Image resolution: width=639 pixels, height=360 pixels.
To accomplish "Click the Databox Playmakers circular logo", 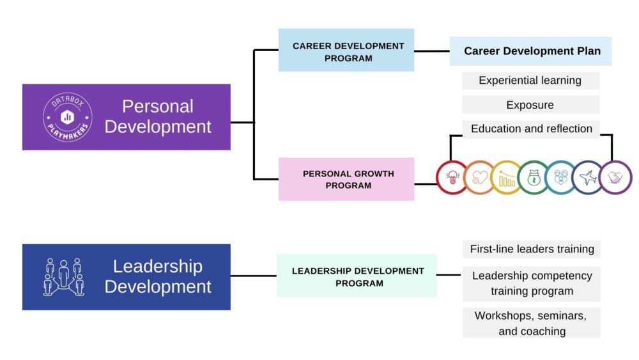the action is [x=68, y=118].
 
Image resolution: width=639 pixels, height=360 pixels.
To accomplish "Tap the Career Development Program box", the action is [x=346, y=50].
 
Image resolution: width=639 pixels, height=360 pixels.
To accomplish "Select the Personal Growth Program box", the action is [x=346, y=179].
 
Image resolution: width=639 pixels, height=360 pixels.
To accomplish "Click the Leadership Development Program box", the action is [x=357, y=276].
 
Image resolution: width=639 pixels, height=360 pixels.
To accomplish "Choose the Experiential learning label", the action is [x=530, y=81].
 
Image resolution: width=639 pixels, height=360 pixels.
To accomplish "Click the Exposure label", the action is [x=530, y=105].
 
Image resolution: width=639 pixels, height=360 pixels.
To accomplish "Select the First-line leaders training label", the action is [x=532, y=249].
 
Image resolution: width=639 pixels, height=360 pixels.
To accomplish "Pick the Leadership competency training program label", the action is [x=532, y=284].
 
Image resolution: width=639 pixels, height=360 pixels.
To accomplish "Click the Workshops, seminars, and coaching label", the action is [x=532, y=323].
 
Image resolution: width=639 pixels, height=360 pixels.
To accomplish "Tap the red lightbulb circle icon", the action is [x=452, y=177].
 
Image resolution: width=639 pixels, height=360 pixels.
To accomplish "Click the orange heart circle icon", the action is [x=480, y=177].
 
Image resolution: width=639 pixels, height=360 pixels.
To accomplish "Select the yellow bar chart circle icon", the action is [x=507, y=177].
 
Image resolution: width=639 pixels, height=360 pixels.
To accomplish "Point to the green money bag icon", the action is [x=534, y=177].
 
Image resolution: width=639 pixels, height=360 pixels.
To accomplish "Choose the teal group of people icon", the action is [x=561, y=177].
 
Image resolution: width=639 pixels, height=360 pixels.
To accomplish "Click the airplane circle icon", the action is [x=588, y=177].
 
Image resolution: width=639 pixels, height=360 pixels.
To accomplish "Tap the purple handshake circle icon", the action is [x=615, y=177].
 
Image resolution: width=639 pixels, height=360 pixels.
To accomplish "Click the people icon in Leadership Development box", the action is [x=63, y=278].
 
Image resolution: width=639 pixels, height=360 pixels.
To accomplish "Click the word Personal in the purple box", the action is [x=158, y=107].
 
